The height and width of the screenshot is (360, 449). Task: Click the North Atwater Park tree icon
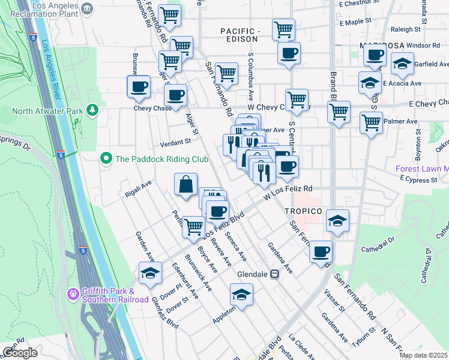[x=92, y=110]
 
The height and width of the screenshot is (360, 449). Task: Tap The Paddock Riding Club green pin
[x=106, y=159]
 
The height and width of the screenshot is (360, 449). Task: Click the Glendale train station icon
[x=275, y=274]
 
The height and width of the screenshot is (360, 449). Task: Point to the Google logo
[x=20, y=353]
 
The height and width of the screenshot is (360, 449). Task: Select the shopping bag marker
[x=186, y=184]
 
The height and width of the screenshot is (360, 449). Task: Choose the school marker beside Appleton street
[x=241, y=294]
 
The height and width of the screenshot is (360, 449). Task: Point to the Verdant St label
[x=175, y=142]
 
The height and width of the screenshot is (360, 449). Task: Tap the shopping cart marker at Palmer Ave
[x=371, y=122]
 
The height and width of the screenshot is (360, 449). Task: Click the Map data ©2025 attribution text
[x=424, y=355]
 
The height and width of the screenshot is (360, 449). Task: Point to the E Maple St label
[x=355, y=22]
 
